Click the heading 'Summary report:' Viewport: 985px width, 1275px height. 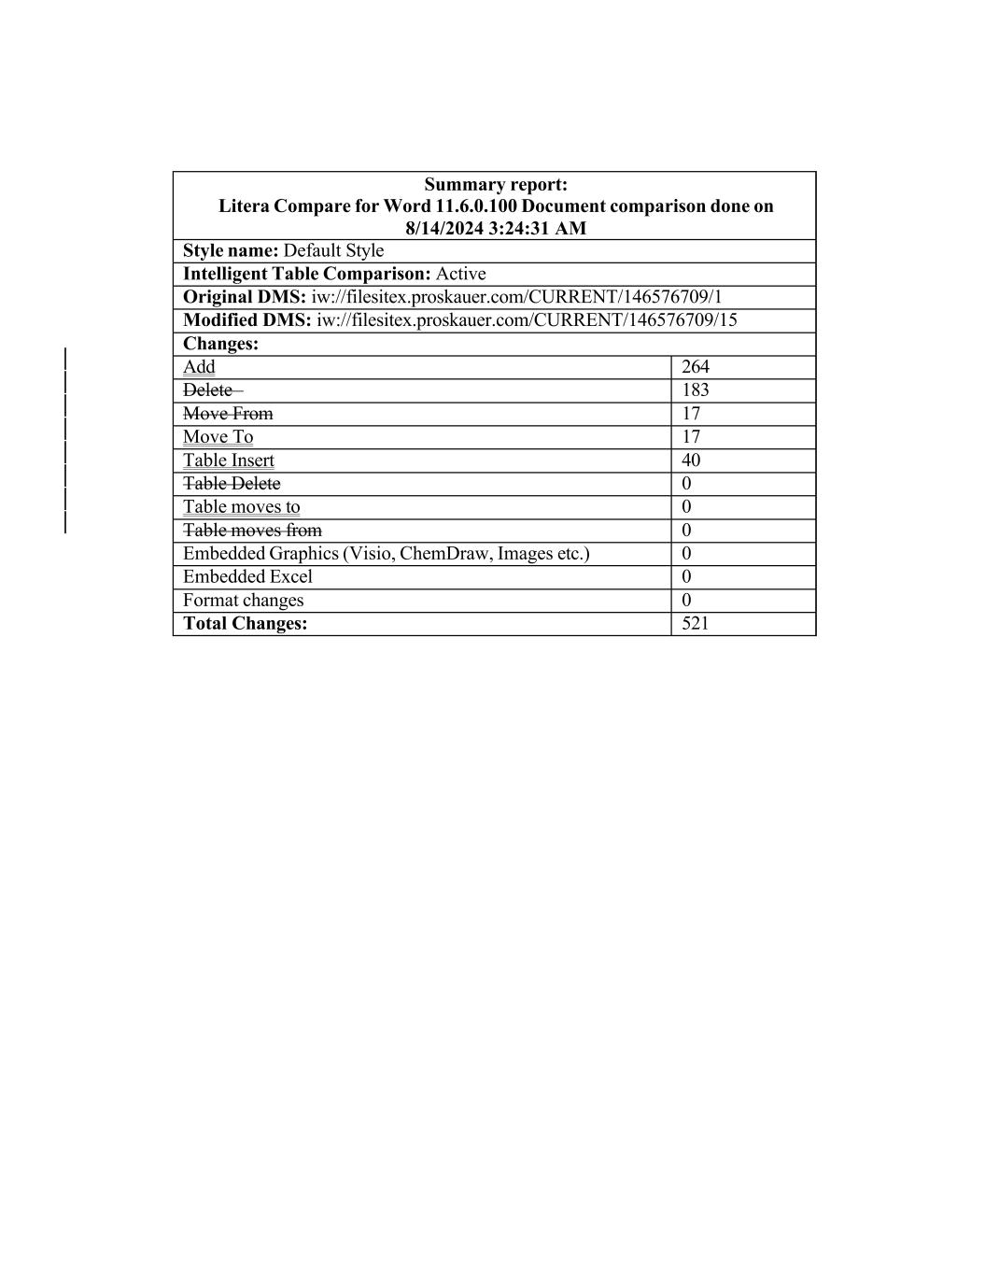[x=496, y=184]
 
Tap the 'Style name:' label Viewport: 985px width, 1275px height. [x=231, y=250]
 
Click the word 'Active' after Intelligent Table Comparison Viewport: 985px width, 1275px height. [x=460, y=274]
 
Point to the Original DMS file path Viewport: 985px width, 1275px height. [x=516, y=297]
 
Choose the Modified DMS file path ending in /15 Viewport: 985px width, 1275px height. [x=527, y=320]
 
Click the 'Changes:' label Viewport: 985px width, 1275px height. [x=220, y=344]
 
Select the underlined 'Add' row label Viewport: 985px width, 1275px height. [x=199, y=367]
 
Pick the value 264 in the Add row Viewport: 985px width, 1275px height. [x=696, y=367]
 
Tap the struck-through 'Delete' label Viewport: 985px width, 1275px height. [x=207, y=390]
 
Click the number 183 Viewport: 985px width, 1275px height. [x=696, y=390]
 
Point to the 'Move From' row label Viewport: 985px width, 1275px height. [x=228, y=414]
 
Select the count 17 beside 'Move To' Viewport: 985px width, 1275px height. [x=691, y=437]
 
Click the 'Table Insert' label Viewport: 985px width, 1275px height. [x=229, y=460]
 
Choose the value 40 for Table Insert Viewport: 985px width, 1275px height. [x=691, y=460]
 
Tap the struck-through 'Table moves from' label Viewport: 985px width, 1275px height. [x=252, y=531]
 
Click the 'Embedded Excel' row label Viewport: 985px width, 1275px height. [x=247, y=577]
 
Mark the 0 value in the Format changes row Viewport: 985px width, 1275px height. [x=686, y=601]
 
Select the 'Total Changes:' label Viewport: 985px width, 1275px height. [x=245, y=624]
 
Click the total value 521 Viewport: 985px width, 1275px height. [x=696, y=624]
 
